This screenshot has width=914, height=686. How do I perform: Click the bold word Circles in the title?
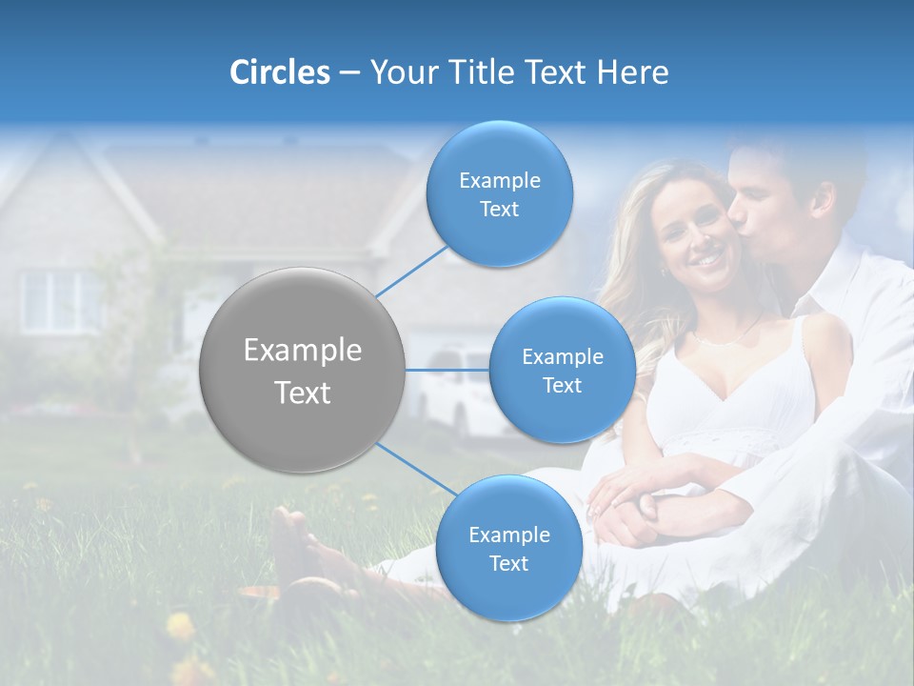[x=279, y=72]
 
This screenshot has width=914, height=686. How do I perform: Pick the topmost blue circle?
[x=499, y=194]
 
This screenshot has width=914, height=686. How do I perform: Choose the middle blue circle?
[x=562, y=371]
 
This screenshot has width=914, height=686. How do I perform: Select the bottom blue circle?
[x=508, y=549]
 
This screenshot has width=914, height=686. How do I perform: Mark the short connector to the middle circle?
[x=447, y=370]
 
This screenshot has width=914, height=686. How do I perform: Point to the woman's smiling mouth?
[x=705, y=258]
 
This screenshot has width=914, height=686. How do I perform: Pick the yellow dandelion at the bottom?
[x=179, y=625]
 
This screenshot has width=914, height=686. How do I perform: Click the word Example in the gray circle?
[x=302, y=351]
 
